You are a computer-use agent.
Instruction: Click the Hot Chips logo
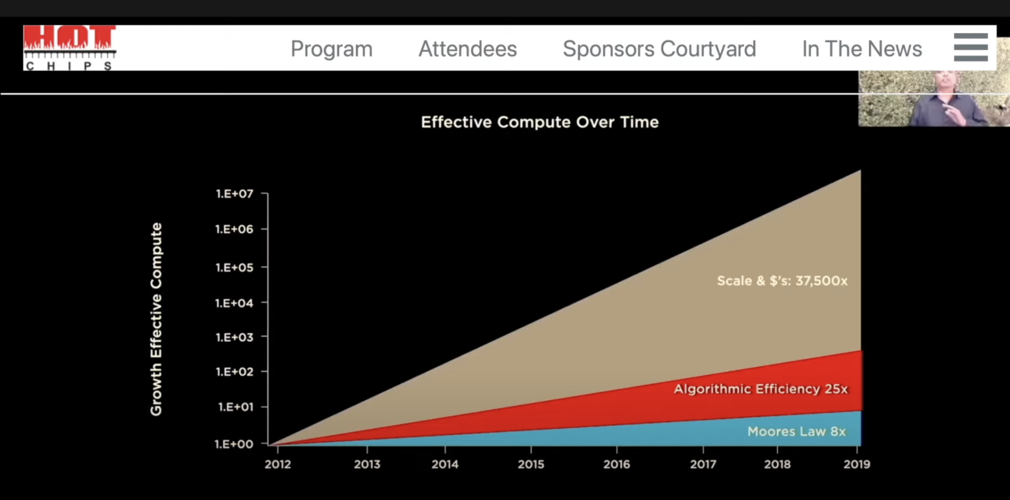[70, 48]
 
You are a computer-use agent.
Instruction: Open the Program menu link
[331, 49]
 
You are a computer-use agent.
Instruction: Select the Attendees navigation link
[468, 49]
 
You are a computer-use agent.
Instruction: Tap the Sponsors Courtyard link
[659, 49]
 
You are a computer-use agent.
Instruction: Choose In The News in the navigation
[862, 49]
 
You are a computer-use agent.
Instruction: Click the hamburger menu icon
[971, 47]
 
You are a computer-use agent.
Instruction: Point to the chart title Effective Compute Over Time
[540, 122]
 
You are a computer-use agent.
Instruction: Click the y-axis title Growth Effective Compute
[156, 319]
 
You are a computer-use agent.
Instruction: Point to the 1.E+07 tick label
[235, 194]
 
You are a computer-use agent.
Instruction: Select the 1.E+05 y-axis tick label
[235, 268]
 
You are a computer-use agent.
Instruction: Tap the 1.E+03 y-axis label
[235, 337]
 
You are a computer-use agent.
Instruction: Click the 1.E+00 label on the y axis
[234, 444]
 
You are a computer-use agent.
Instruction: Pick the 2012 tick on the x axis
[278, 464]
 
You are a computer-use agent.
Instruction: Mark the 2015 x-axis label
[531, 464]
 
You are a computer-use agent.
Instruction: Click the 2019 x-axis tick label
[857, 464]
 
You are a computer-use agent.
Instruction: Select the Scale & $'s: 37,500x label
[782, 281]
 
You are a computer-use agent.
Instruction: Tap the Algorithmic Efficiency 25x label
[760, 389]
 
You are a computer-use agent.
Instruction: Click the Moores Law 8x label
[796, 431]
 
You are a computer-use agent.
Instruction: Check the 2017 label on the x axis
[703, 464]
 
